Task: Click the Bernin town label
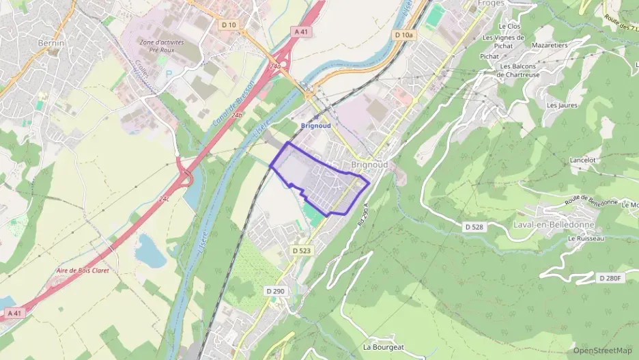coord(51,43)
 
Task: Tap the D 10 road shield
coord(229,25)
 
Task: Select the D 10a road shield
coord(404,34)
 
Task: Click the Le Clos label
coord(509,26)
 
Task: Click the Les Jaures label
coord(562,105)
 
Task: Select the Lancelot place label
coord(582,160)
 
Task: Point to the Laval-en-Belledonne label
coord(553,224)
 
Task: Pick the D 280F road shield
coord(611,278)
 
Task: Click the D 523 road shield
coord(301,251)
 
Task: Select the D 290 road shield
coord(275,291)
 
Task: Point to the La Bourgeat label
coord(384,347)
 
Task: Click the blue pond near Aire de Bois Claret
coord(150,250)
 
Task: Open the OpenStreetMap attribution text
coord(601,350)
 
